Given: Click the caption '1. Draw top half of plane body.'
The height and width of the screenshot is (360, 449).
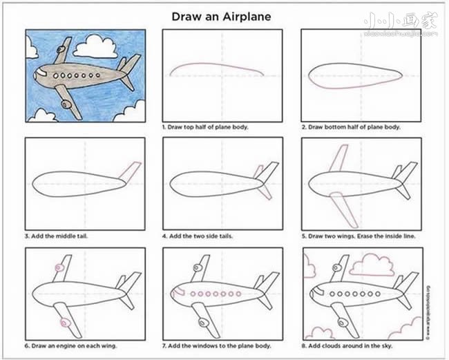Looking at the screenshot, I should tap(204, 128).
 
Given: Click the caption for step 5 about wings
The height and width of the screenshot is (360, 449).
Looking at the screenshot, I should tap(359, 236).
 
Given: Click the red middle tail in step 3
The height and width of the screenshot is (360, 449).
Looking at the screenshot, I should tap(131, 170).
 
